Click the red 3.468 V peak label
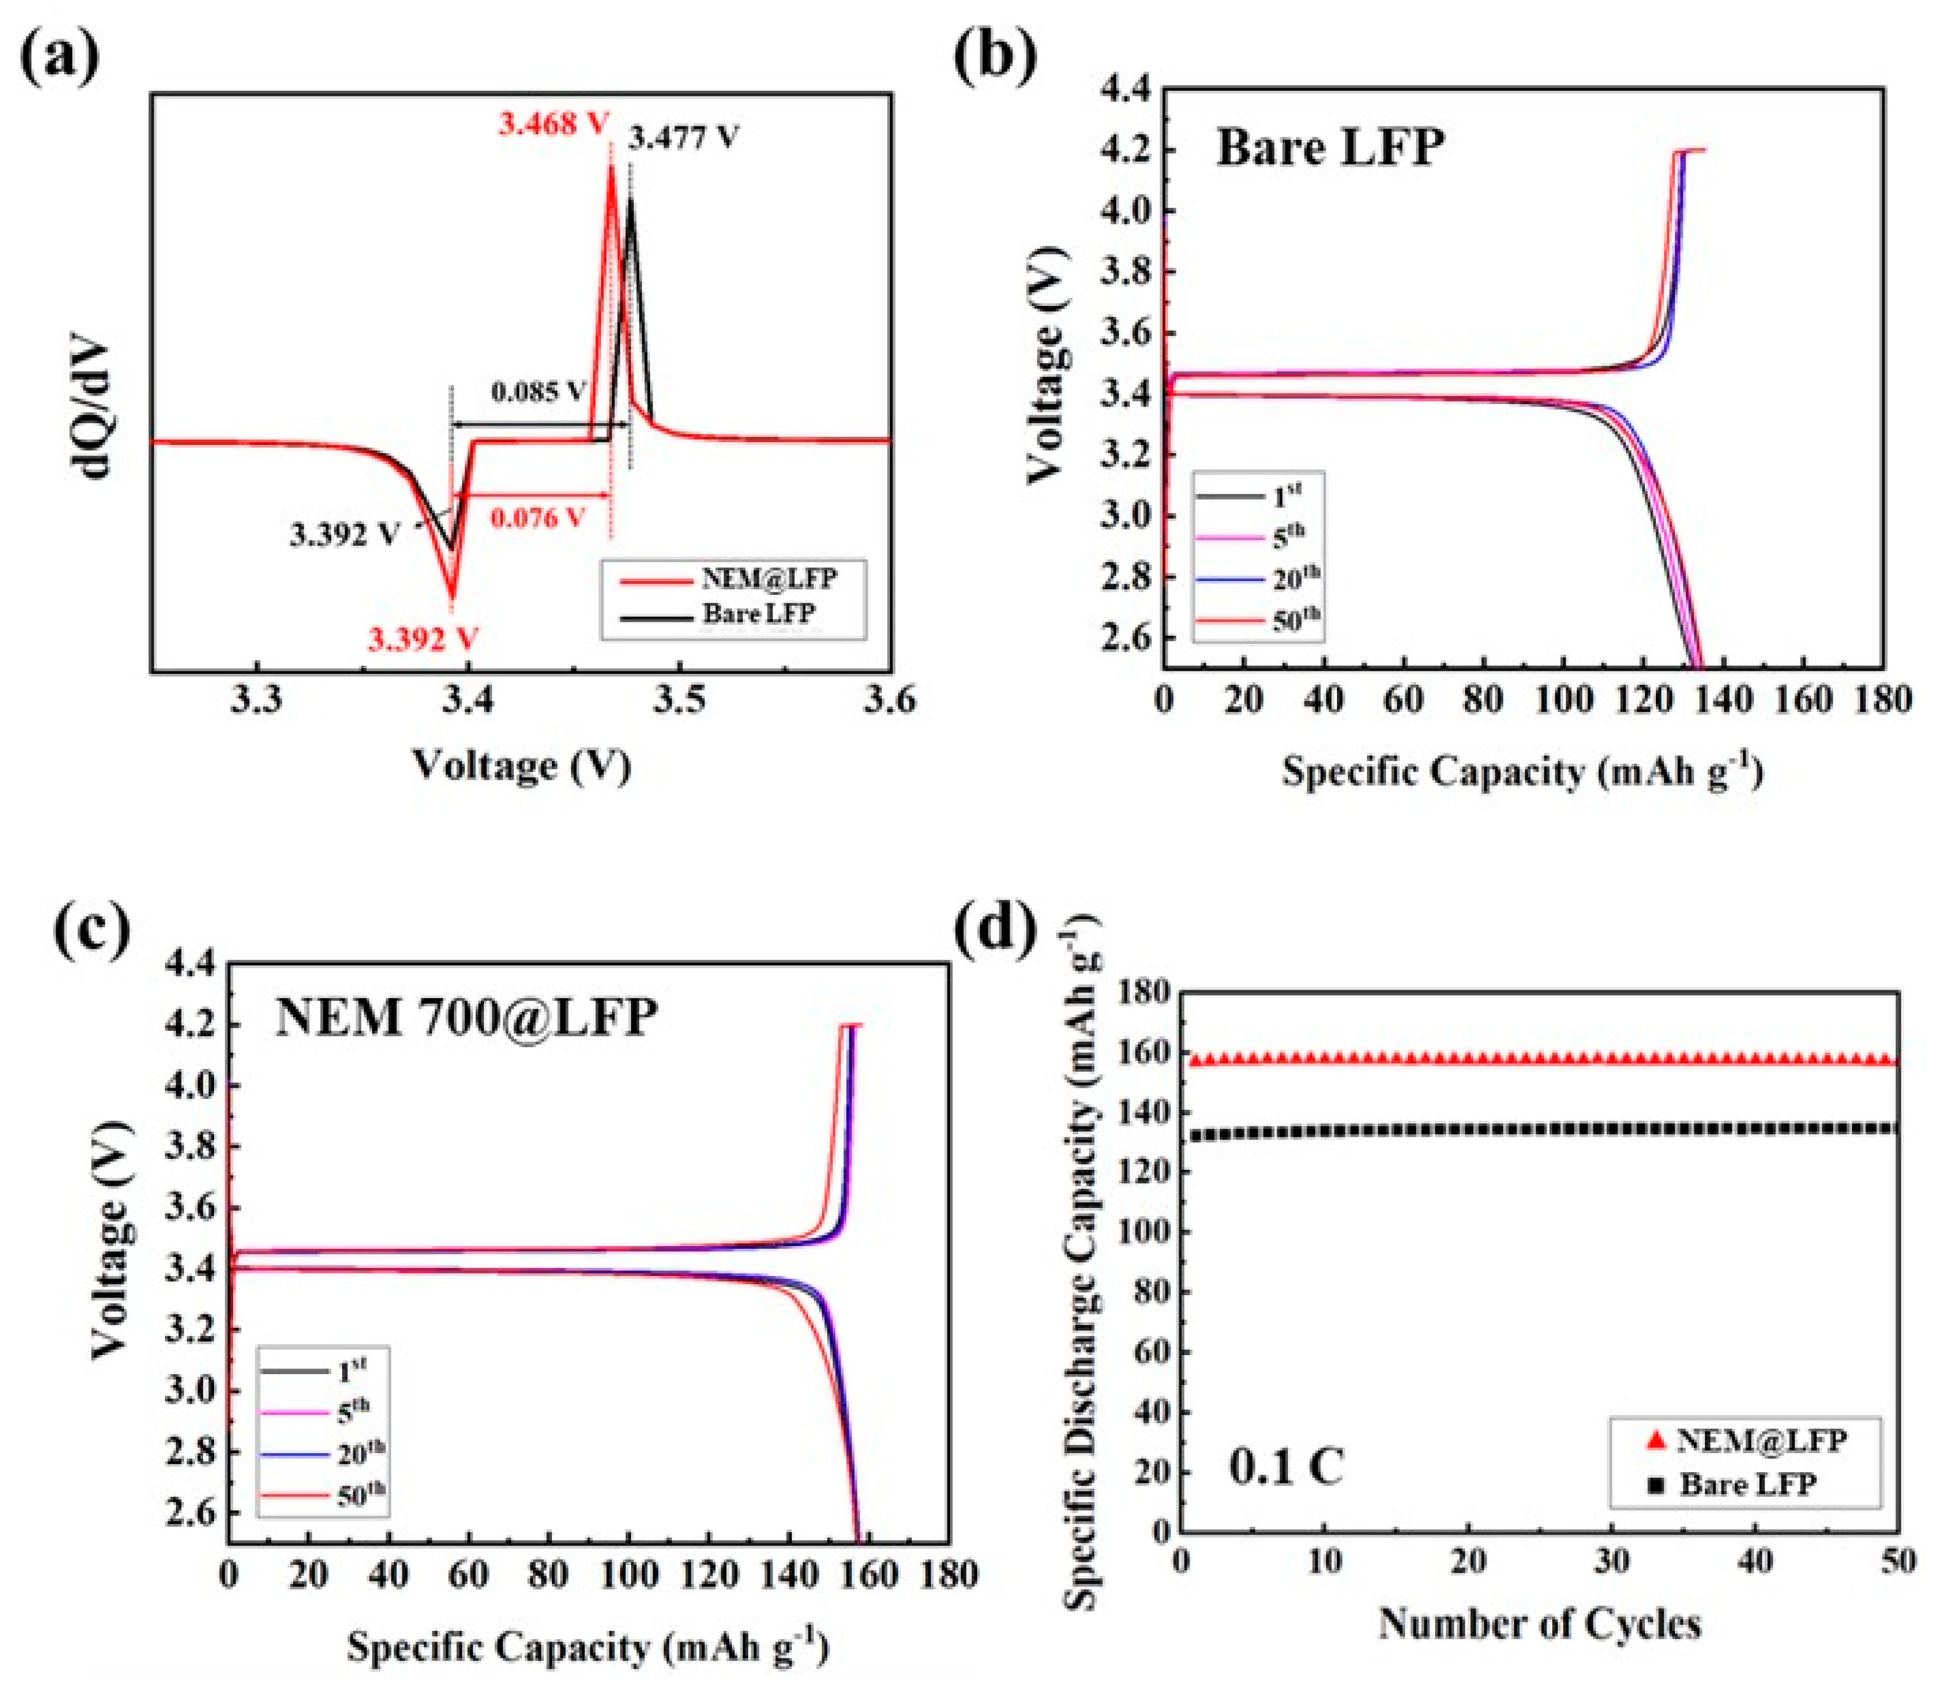coord(554,123)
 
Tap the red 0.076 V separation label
coord(537,517)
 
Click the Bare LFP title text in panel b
coord(1330,148)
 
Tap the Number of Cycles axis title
coord(1539,1624)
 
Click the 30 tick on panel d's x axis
coord(1612,1562)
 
